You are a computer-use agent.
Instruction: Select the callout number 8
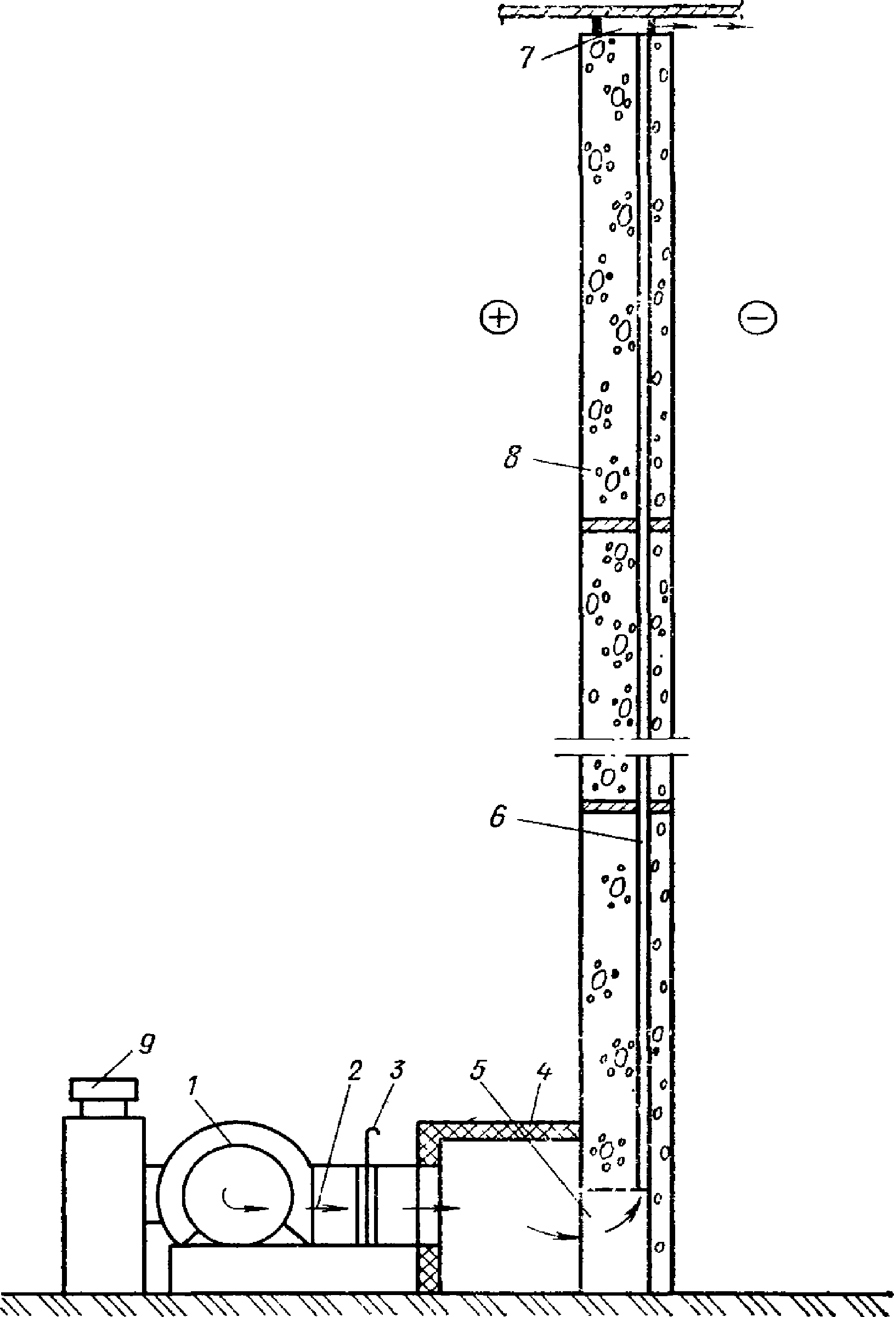(x=512, y=458)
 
